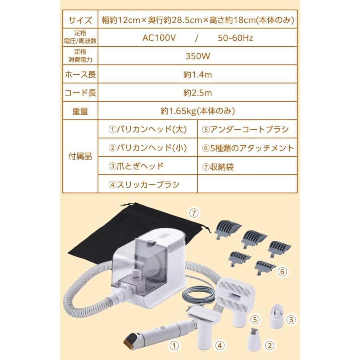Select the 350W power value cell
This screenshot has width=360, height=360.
(x=198, y=56)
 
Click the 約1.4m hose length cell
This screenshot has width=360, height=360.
(x=198, y=74)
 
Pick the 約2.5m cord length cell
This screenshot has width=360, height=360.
(x=198, y=93)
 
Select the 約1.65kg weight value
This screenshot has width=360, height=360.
(x=198, y=111)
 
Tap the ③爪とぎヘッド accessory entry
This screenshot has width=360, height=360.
(x=136, y=166)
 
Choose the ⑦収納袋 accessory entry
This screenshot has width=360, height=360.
(x=218, y=167)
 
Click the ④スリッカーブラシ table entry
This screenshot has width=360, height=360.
(x=144, y=184)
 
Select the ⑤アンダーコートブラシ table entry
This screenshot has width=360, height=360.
(x=246, y=130)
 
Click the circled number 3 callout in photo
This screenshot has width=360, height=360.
(x=292, y=319)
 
